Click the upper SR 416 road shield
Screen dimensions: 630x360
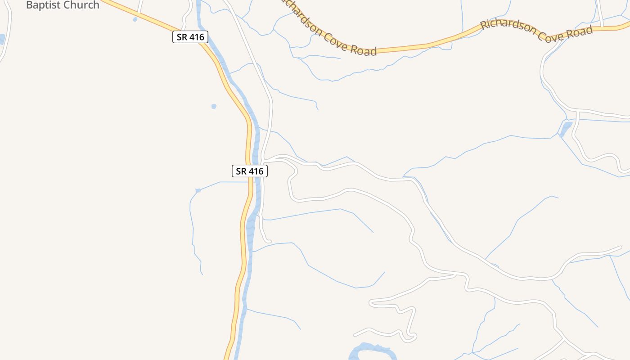(190, 37)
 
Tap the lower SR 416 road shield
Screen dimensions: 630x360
(250, 171)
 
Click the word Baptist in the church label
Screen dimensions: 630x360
(44, 5)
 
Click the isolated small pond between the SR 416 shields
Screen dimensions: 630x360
(214, 107)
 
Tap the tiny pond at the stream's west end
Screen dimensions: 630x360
(198, 191)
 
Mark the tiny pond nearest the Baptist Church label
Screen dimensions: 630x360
(135, 19)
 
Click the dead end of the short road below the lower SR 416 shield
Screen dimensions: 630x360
(270, 242)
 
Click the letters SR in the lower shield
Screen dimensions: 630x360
(242, 171)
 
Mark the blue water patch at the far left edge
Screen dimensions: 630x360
(2, 39)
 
